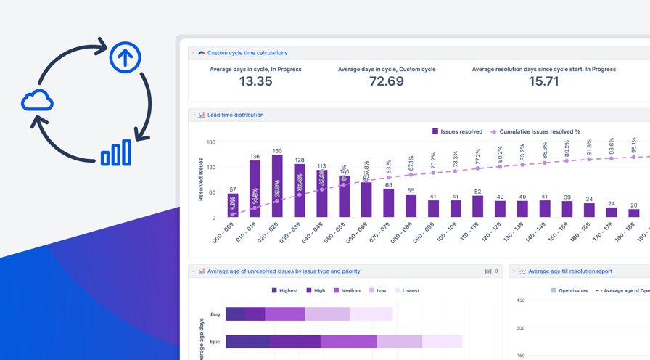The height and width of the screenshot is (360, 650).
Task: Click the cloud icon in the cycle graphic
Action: click(x=37, y=101)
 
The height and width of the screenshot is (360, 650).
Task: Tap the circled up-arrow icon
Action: click(x=125, y=57)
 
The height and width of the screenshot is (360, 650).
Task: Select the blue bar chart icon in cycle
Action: click(x=116, y=153)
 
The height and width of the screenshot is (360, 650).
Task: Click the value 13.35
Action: click(x=255, y=81)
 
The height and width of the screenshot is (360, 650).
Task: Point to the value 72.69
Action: click(x=386, y=81)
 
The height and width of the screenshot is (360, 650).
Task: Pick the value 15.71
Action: click(x=543, y=81)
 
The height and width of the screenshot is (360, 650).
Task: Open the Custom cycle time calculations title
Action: click(x=247, y=53)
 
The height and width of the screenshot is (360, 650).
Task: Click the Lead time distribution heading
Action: click(x=235, y=115)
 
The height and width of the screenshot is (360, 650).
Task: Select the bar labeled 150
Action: click(x=277, y=187)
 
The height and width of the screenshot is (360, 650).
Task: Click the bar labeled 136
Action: click(x=255, y=189)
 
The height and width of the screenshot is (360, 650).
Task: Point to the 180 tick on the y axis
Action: click(x=210, y=142)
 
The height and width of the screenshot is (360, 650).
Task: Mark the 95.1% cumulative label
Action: click(x=633, y=145)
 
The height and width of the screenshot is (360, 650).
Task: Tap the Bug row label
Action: click(x=215, y=314)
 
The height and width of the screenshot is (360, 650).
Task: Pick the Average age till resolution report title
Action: click(x=570, y=271)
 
